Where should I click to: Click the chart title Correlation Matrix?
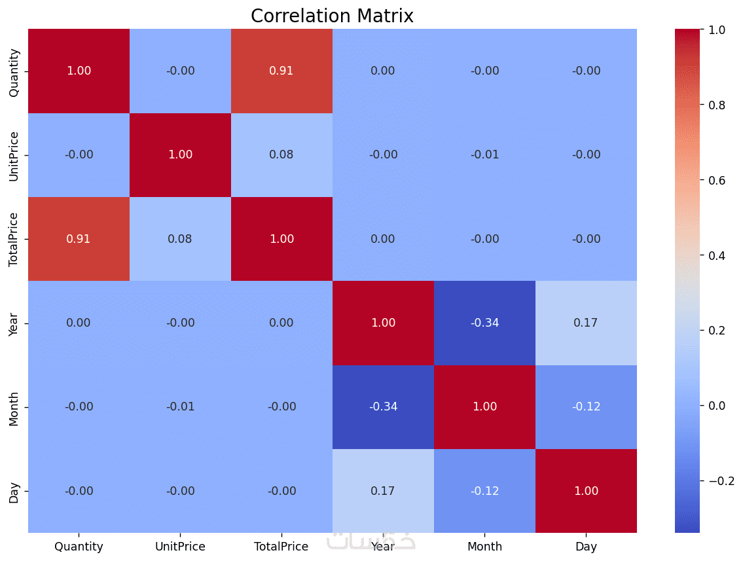[332, 16]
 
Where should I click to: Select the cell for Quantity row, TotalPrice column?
[281, 71]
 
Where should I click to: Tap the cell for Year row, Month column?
[485, 323]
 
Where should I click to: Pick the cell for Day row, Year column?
[383, 491]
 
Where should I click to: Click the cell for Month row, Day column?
[586, 407]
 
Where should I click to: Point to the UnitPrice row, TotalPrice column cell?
[281, 155]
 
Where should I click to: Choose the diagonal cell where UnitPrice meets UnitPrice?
[180, 155]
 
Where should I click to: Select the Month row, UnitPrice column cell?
[180, 407]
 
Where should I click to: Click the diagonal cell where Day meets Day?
[586, 491]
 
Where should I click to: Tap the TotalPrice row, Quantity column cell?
[79, 239]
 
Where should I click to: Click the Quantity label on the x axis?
[79, 547]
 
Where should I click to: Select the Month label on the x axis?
[485, 547]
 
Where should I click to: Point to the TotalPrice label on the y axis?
[13, 240]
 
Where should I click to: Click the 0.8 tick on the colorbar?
[716, 105]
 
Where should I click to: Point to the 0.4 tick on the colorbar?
[716, 256]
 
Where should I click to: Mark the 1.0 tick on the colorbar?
[716, 30]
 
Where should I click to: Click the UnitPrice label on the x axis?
[180, 547]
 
